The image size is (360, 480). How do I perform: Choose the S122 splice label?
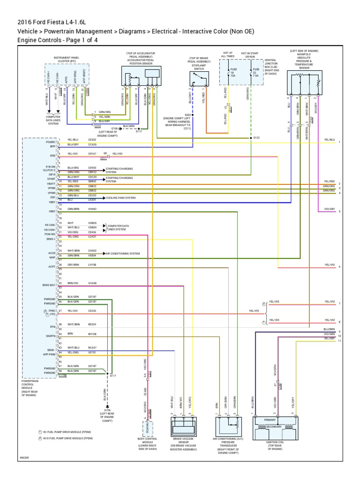[x=256, y=138]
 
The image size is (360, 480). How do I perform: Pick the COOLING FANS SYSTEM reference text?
[x=121, y=198]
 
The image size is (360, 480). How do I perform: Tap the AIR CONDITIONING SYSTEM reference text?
[x=123, y=254]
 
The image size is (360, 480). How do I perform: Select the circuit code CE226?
[x=92, y=310]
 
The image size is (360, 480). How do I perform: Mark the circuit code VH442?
[x=92, y=209]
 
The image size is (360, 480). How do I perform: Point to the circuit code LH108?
[x=92, y=265]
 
